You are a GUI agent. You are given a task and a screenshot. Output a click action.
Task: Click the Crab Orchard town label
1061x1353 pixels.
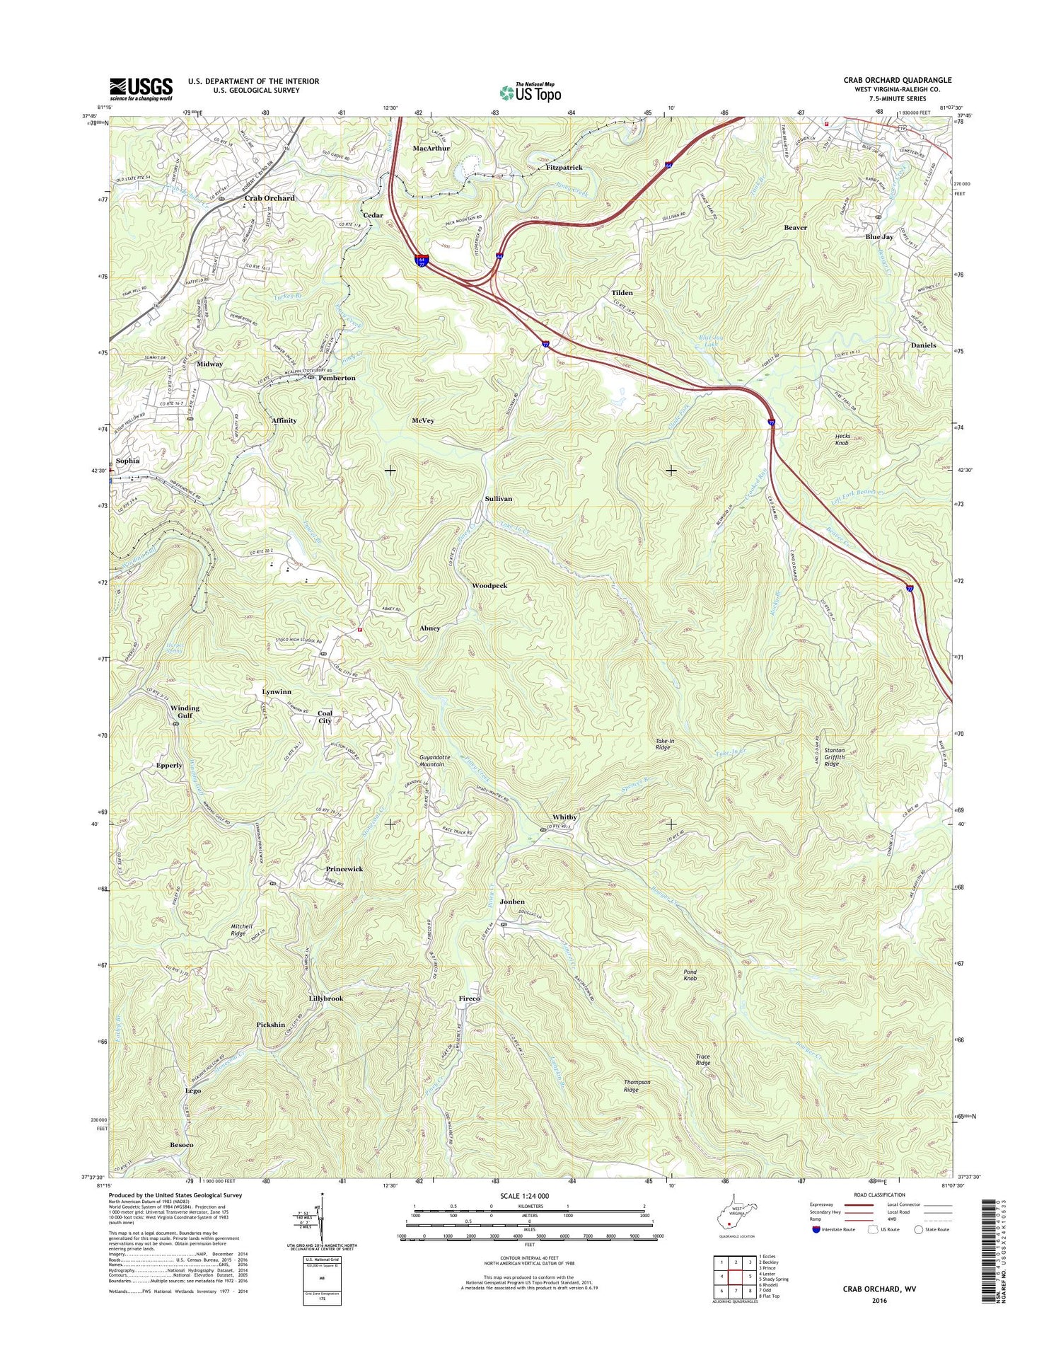click(x=269, y=198)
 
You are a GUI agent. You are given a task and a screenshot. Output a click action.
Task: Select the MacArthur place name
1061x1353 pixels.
click(x=431, y=149)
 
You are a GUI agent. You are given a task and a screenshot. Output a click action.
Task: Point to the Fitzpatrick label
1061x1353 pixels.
click(x=564, y=168)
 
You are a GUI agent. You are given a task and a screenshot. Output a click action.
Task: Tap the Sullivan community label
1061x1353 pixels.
click(x=498, y=499)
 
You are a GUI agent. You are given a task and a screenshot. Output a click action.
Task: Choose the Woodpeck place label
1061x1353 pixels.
click(x=489, y=586)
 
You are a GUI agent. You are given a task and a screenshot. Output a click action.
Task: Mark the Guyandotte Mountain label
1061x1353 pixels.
click(x=431, y=761)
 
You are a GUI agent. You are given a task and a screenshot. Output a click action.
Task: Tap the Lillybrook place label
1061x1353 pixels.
click(x=326, y=998)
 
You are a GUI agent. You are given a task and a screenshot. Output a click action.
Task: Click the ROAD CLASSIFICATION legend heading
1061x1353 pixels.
click(x=879, y=1194)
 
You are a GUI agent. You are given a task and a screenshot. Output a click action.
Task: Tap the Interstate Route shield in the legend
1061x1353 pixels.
click(x=817, y=1229)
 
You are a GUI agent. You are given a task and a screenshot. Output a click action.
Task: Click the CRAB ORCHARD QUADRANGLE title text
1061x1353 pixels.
click(x=897, y=80)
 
